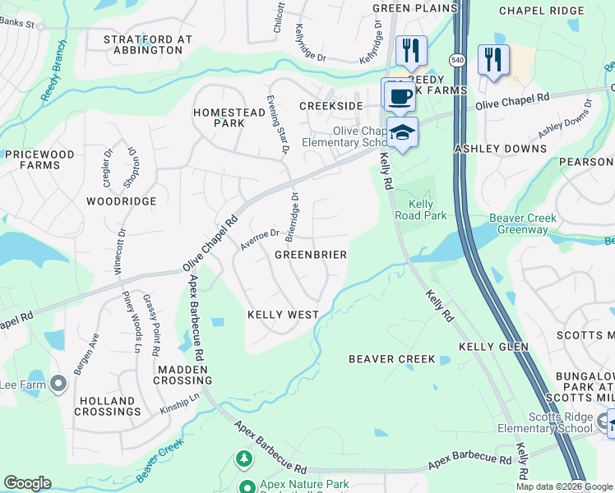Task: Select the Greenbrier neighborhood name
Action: pos(310,255)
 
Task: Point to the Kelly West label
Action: pos(284,315)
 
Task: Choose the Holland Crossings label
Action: pos(108,405)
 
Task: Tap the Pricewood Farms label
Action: pos(39,159)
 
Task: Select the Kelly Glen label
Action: pos(492,348)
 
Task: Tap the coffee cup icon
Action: pos(400,96)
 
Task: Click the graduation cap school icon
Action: pos(402,132)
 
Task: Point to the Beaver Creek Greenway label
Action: pos(523,223)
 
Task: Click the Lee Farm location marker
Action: pos(58,384)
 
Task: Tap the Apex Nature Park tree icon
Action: pos(243,457)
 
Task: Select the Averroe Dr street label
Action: pos(260,237)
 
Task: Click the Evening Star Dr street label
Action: pos(277,124)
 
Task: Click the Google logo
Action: pos(27,483)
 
